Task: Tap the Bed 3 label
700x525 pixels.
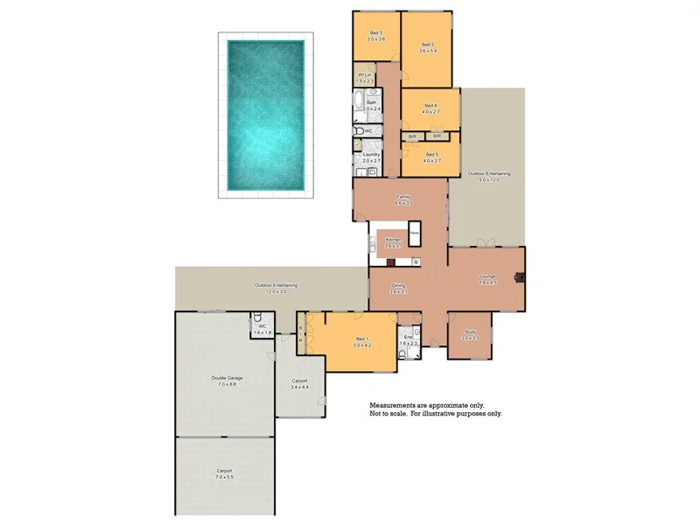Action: pos(375,33)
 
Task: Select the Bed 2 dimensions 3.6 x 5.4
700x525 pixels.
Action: pos(428,52)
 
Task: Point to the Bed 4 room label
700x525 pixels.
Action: pos(430,105)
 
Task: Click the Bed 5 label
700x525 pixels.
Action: pos(430,154)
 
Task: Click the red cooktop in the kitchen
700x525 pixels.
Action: pos(390,262)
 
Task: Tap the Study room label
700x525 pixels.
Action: pos(470,332)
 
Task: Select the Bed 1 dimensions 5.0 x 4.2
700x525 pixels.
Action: pos(362,345)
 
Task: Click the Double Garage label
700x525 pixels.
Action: pos(227,378)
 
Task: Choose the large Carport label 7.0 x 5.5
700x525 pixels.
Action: pos(225,472)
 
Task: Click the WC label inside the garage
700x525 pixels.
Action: pos(262,326)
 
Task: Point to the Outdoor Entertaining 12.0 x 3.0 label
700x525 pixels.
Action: pos(276,285)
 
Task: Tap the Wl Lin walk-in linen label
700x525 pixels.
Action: pos(366,76)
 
